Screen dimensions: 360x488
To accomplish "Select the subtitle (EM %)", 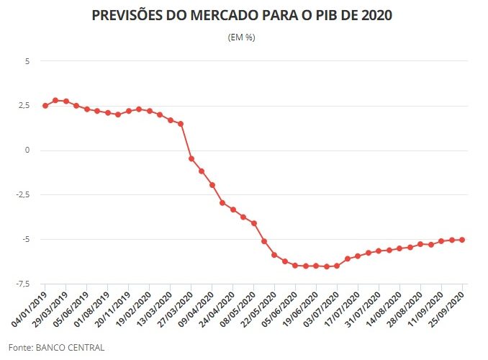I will (x=241, y=37).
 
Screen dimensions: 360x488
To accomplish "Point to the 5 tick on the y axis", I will (x=27, y=61).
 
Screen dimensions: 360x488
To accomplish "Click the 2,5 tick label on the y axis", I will (x=24, y=106).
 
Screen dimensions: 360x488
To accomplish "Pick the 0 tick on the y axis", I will (x=27, y=150).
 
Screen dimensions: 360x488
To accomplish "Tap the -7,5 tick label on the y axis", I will (x=22, y=284).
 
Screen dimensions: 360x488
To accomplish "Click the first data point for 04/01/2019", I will (x=45, y=106).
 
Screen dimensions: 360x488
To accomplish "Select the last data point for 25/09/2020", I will (x=461, y=240).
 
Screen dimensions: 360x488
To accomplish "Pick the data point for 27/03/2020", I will (x=191, y=158).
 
